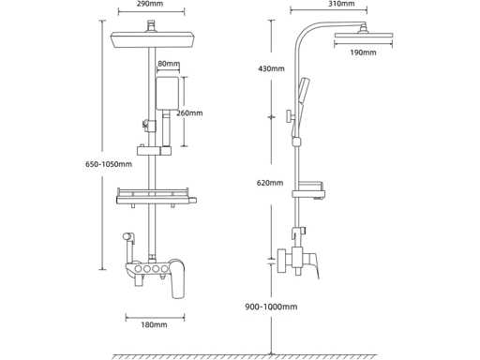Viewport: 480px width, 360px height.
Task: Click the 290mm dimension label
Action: click(x=150, y=4)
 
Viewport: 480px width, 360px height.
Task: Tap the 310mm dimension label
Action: click(x=342, y=4)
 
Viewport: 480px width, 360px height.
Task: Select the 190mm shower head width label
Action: click(x=363, y=52)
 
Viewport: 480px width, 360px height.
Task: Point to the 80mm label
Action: click(x=169, y=64)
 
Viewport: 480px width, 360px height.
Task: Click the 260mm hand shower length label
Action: click(x=189, y=112)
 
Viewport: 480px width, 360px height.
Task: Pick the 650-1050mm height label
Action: click(x=109, y=164)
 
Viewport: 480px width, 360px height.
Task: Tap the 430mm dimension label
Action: click(x=271, y=68)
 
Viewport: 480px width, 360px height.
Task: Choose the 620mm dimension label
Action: click(x=270, y=183)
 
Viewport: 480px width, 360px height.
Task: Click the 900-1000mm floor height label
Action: click(x=271, y=307)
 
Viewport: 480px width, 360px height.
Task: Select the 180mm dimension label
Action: click(x=154, y=325)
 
